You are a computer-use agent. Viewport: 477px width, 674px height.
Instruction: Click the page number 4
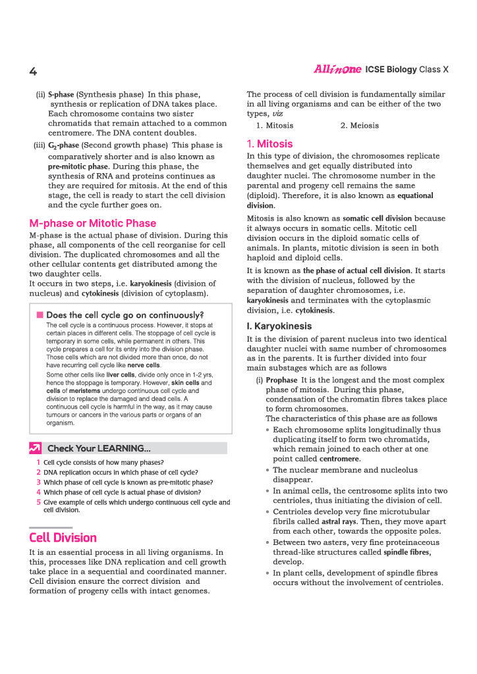click(33, 71)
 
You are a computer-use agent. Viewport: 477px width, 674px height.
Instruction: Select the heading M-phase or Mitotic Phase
click(92, 223)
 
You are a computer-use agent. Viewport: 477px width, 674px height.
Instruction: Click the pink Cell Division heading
click(63, 537)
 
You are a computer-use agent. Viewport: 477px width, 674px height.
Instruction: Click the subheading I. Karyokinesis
click(279, 326)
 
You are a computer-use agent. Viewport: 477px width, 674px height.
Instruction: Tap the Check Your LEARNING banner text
click(99, 448)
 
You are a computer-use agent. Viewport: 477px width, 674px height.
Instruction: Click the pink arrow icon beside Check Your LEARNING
click(36, 448)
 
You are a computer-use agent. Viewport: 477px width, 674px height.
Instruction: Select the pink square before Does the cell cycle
click(40, 315)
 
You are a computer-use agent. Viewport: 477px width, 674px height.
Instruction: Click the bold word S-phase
click(61, 95)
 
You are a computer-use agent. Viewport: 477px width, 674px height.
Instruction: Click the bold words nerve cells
click(144, 365)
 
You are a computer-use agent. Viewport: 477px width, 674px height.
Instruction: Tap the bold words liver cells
click(121, 375)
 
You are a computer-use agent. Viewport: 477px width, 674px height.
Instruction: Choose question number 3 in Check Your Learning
click(38, 482)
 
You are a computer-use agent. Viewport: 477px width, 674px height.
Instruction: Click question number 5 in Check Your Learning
click(38, 502)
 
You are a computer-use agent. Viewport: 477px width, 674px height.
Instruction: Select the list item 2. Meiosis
click(360, 125)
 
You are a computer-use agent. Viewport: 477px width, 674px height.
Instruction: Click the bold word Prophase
click(281, 380)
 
